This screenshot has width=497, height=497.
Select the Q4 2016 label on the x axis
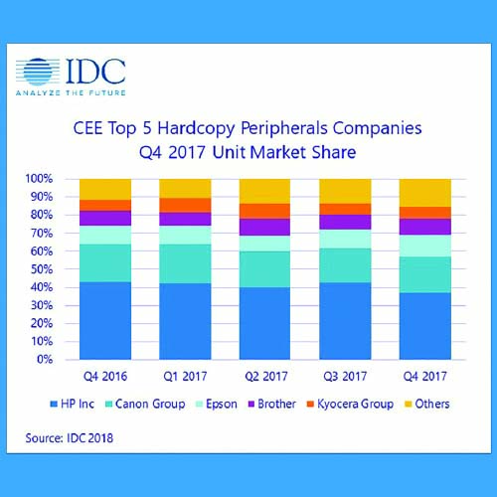tap(104, 375)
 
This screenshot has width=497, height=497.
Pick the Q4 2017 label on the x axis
tap(424, 375)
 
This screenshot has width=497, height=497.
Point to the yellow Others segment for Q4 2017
tap(424, 193)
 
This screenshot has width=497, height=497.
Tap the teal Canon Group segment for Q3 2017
tap(344, 265)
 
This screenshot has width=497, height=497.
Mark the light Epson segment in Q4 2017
tap(424, 246)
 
